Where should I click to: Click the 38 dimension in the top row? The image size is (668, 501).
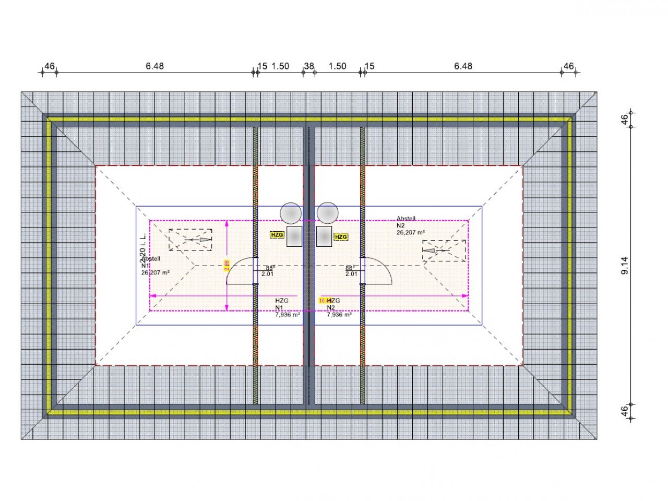click(x=309, y=66)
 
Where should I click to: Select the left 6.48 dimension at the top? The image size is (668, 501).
click(x=154, y=66)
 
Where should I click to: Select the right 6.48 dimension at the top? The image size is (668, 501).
click(x=463, y=66)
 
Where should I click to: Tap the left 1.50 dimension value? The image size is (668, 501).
click(x=280, y=66)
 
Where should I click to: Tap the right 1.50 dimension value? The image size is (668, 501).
click(x=337, y=66)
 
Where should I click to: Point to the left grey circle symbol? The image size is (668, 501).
click(x=291, y=213)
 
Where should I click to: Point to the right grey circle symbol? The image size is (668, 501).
click(x=328, y=213)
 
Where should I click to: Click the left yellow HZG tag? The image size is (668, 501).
click(x=277, y=235)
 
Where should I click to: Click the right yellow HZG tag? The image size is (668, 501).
click(x=341, y=237)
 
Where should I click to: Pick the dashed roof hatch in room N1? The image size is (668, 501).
click(x=190, y=240)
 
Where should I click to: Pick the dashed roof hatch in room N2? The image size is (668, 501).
click(x=444, y=250)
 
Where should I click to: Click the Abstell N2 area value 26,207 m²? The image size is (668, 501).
click(x=411, y=233)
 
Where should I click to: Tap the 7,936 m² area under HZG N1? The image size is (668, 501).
click(x=287, y=315)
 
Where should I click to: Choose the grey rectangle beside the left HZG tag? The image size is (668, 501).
click(x=295, y=236)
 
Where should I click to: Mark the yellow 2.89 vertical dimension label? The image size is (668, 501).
click(x=227, y=266)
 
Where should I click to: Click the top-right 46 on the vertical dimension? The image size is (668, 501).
click(x=624, y=119)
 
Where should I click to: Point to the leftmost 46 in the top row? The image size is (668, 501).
click(x=50, y=66)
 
